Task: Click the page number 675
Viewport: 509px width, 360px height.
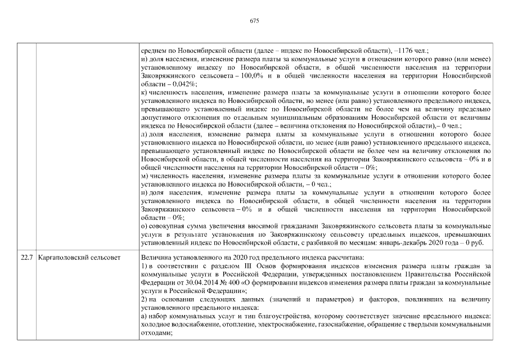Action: [x=254, y=21]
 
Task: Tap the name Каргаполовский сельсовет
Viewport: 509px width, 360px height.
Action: [x=79, y=258]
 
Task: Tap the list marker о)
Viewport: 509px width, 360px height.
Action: [x=145, y=226]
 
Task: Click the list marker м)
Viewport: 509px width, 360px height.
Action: [x=145, y=176]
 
